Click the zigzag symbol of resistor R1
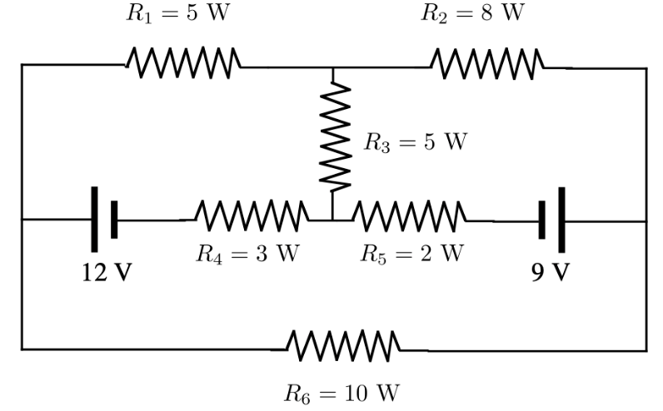click(x=183, y=62)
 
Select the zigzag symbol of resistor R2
click(x=487, y=62)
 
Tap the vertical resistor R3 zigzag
click(x=334, y=137)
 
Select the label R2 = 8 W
click(x=473, y=15)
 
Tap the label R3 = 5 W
click(x=415, y=142)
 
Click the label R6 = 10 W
click(x=343, y=390)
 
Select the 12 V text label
click(x=106, y=273)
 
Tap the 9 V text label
click(x=551, y=273)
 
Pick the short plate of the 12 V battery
click(x=114, y=220)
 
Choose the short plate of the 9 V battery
click(x=542, y=220)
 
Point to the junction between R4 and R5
click(x=332, y=220)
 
